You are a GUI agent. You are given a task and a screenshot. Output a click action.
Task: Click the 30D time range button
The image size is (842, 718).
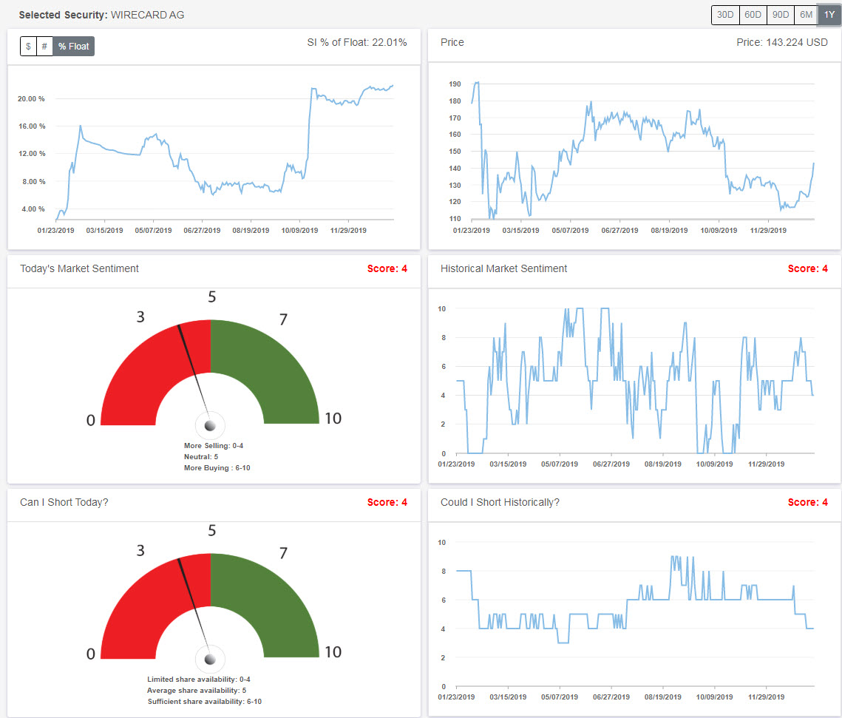pos(724,15)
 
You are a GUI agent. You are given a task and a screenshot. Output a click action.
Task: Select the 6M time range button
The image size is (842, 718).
pos(805,15)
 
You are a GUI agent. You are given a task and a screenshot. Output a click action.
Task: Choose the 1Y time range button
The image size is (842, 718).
pos(828,15)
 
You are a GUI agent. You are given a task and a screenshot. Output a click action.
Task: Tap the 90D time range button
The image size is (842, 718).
pos(779,15)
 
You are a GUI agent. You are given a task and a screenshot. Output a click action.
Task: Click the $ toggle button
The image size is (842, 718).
pos(28,47)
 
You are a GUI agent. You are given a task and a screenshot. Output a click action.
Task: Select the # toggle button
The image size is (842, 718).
pos(44,47)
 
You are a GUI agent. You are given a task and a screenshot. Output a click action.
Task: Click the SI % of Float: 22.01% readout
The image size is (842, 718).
pos(356,43)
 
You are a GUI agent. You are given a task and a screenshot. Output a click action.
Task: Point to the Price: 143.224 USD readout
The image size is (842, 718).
pos(782,43)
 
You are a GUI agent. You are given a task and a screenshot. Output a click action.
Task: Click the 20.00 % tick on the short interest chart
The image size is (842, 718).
pos(31,98)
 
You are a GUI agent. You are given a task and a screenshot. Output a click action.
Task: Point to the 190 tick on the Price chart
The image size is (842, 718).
pos(455,84)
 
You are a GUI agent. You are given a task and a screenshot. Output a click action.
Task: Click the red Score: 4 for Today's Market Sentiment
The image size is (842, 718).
pos(387,268)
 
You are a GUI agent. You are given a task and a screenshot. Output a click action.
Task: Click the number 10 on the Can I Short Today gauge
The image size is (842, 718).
pos(333,652)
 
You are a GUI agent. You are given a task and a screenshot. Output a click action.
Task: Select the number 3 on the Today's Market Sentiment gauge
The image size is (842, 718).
pos(140,317)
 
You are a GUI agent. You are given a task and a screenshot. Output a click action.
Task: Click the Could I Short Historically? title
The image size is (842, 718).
pos(500,502)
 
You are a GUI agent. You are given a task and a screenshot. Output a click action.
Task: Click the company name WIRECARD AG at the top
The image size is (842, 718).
pos(147,15)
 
